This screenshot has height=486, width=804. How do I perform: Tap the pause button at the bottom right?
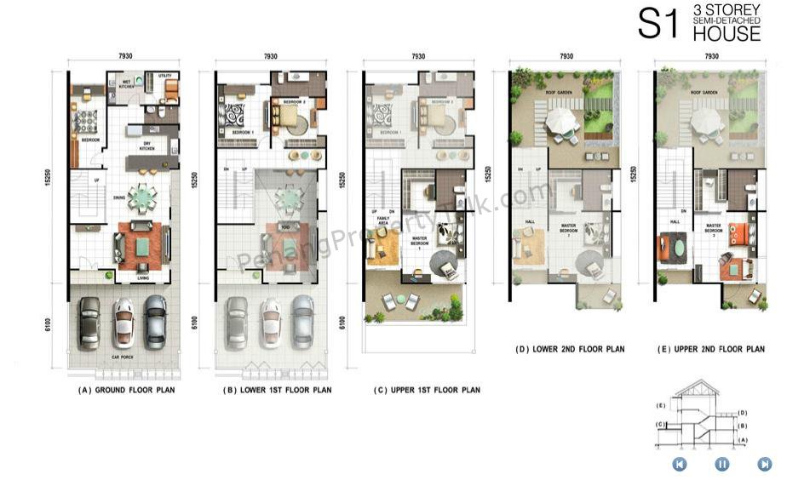tap(722, 464)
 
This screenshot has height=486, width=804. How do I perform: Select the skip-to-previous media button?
tap(680, 464)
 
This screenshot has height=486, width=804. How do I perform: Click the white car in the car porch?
tap(123, 322)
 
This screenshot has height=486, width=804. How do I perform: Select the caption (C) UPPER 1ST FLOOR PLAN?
tap(427, 390)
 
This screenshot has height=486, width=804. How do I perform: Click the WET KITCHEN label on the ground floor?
tap(126, 84)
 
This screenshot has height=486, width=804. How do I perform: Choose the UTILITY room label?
tap(164, 76)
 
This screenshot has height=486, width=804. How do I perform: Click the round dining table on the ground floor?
tap(143, 199)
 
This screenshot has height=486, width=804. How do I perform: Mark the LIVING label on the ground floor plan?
tap(144, 277)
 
